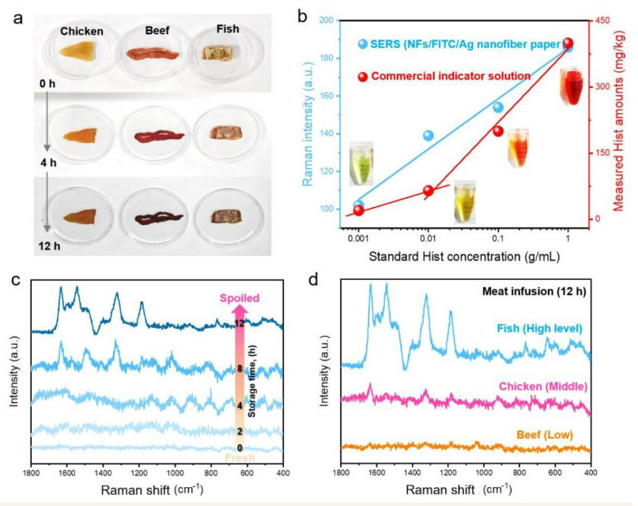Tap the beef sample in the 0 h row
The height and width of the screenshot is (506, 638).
tap(156, 56)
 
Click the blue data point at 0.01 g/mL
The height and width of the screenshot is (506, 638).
tap(428, 136)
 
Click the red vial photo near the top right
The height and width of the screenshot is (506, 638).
tap(575, 85)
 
